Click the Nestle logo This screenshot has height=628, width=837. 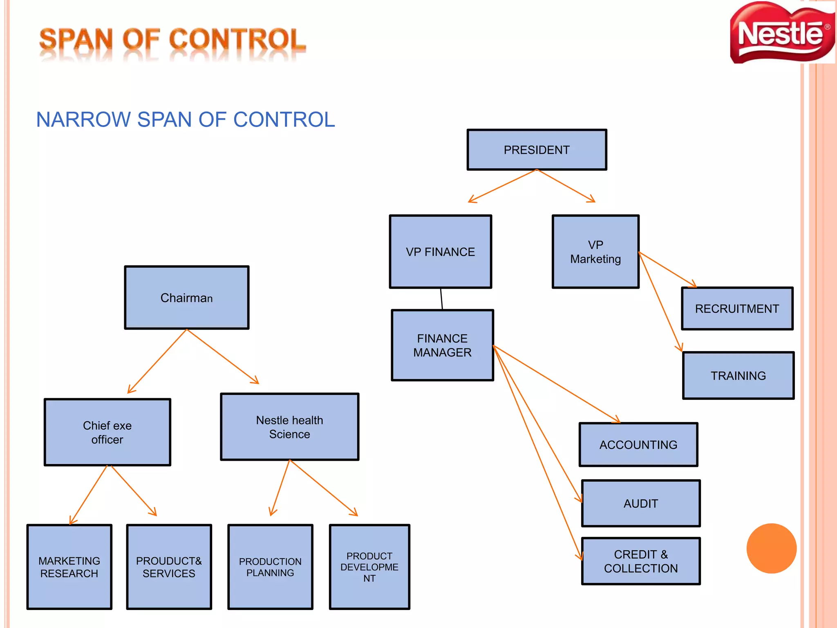click(x=781, y=33)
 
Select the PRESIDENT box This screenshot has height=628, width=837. click(x=537, y=150)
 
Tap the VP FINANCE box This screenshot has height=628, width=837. click(x=440, y=251)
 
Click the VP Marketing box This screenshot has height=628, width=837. click(x=595, y=251)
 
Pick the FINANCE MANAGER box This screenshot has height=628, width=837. click(x=442, y=345)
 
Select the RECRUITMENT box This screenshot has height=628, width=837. click(x=737, y=308)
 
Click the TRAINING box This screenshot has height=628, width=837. click(x=738, y=375)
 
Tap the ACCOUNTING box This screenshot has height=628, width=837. click(x=638, y=444)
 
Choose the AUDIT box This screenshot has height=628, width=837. click(x=640, y=503)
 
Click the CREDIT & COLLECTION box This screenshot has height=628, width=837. click(x=640, y=561)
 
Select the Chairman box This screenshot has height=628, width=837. click(x=186, y=298)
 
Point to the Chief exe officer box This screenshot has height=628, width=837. click(x=107, y=432)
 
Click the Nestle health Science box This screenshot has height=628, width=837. click(x=289, y=427)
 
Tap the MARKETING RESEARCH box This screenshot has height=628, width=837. click(x=69, y=567)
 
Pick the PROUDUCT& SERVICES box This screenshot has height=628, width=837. click(x=169, y=567)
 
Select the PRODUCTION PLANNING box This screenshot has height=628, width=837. click(x=270, y=567)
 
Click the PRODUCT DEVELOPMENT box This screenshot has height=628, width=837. click(x=369, y=567)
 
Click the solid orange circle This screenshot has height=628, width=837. click(x=771, y=548)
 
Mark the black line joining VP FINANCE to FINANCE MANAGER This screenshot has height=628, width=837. click(x=441, y=299)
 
